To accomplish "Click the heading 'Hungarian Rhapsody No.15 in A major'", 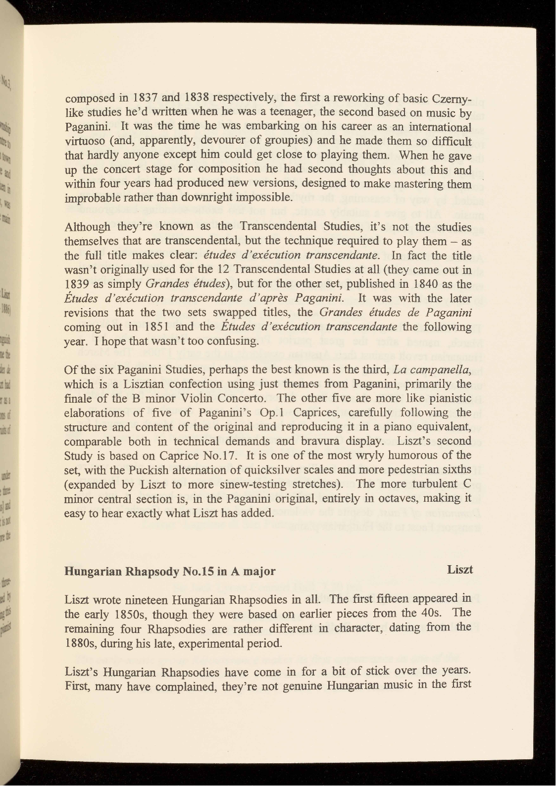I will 170,571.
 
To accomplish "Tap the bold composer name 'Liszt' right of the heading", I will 459,570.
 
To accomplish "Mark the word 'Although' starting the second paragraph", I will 88,227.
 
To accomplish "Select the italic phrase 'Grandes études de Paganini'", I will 395,313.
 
